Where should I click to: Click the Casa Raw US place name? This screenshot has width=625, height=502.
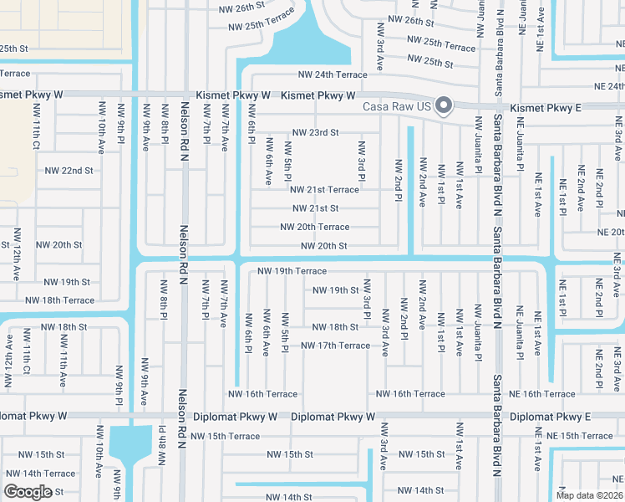click(395, 106)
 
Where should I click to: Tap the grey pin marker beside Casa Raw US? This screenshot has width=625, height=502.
click(445, 105)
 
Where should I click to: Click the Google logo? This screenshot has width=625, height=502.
click(28, 491)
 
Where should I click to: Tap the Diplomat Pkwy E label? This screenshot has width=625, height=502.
click(550, 416)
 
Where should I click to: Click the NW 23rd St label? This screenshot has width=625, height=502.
click(315, 132)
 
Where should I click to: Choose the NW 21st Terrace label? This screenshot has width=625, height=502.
click(325, 190)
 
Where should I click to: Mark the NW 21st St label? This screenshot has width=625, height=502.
click(315, 208)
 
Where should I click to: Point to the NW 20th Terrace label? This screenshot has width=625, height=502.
click(314, 227)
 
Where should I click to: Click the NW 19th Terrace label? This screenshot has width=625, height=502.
click(292, 271)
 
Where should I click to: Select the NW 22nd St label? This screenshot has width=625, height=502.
click(70, 170)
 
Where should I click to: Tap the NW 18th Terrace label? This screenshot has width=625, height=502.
click(60, 300)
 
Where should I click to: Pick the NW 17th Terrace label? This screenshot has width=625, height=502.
click(335, 346)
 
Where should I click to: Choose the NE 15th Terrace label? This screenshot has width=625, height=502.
click(580, 436)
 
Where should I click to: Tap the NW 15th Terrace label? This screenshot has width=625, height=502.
click(226, 436)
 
